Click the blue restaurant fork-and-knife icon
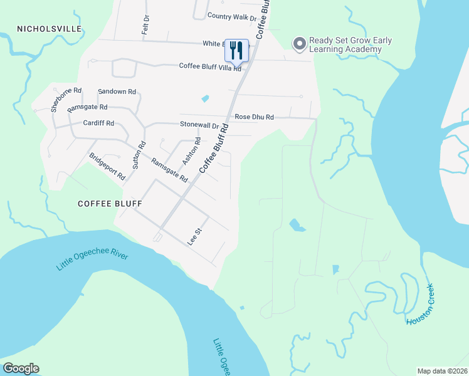(x=236, y=50)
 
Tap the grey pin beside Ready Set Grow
(x=299, y=44)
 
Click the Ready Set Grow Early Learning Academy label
(x=350, y=45)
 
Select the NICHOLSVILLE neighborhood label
(x=50, y=29)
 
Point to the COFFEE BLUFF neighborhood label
(x=110, y=204)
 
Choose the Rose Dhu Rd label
(x=254, y=117)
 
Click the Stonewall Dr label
(x=199, y=125)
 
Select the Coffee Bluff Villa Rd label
(x=210, y=66)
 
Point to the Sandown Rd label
(x=117, y=91)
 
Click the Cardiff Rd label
(x=98, y=123)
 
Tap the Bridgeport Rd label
(x=107, y=167)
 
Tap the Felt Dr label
(x=145, y=25)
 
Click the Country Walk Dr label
(x=231, y=16)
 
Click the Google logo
(x=21, y=368)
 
